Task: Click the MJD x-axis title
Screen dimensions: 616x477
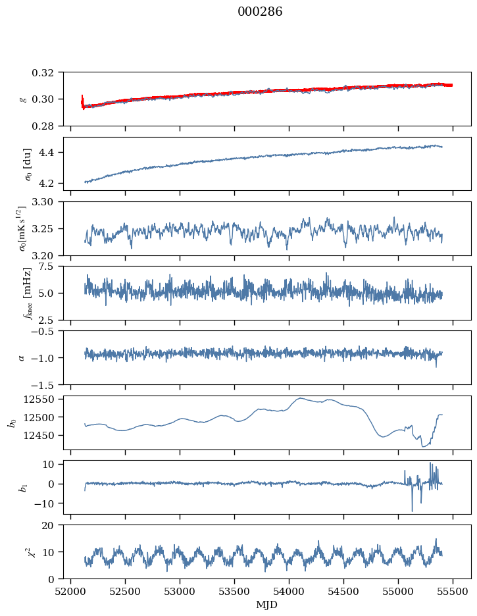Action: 267,605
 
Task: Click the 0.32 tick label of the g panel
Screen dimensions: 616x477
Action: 47,72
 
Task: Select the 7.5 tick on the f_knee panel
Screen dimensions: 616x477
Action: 51,266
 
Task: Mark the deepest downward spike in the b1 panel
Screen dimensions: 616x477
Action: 413,511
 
